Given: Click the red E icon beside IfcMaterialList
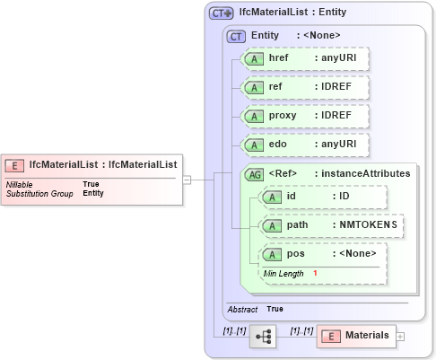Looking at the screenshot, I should (15, 164).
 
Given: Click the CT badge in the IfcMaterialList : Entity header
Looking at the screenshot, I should (221, 13).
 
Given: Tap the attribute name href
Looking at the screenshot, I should (278, 57).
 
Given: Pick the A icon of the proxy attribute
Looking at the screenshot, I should (254, 116).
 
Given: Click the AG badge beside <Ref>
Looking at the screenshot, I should (254, 172).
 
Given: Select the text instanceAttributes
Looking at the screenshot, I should (368, 172).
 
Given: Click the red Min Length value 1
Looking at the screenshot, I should (316, 272).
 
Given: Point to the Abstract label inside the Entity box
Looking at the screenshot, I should (242, 309).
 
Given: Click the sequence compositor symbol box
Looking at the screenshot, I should (263, 336).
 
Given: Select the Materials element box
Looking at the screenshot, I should (356, 335).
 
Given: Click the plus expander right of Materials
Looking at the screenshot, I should (400, 336).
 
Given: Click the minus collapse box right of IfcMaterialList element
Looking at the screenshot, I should (187, 179).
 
